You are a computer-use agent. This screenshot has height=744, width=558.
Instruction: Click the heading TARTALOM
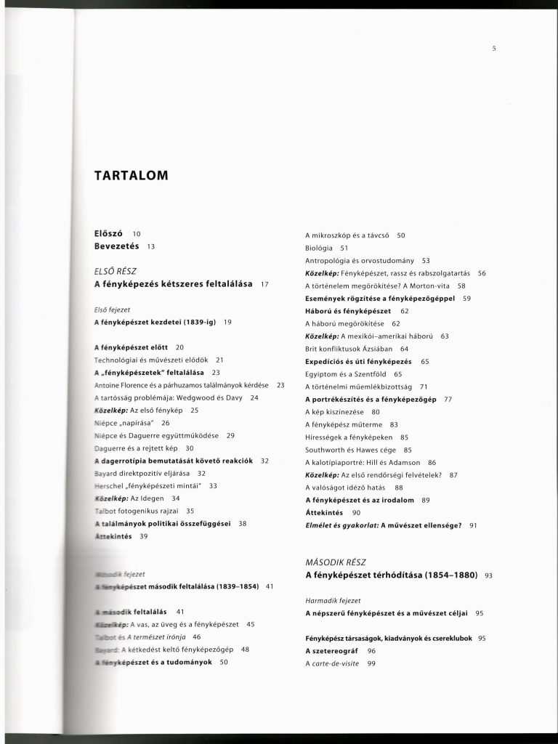131,175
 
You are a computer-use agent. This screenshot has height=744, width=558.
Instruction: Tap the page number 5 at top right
493,49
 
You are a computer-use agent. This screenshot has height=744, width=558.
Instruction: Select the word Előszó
109,233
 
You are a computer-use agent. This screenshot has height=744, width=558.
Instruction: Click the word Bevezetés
116,246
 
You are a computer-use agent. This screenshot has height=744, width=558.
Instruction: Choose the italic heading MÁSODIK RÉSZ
336,562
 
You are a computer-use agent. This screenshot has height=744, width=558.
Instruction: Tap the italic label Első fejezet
111,309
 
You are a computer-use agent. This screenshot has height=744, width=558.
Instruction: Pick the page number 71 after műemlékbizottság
424,386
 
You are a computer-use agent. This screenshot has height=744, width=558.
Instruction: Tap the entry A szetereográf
331,651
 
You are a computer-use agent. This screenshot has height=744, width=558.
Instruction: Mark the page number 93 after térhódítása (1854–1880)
488,575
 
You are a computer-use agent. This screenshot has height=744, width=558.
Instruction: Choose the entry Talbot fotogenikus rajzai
137,511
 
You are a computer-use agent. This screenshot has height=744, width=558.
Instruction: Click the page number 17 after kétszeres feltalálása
265,283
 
